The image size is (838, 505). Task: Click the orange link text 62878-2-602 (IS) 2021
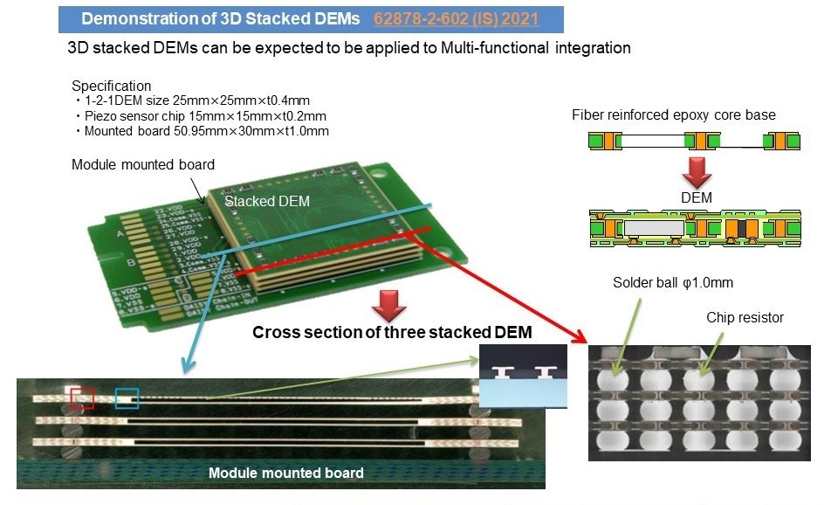(456, 18)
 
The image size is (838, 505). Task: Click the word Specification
(111, 86)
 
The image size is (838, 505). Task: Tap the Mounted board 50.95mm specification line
(203, 131)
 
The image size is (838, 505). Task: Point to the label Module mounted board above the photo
(142, 164)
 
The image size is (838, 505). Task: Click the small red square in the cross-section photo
(82, 398)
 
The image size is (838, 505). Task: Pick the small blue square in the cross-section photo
(127, 398)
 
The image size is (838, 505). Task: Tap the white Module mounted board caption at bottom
(285, 474)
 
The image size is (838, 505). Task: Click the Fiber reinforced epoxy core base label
(673, 115)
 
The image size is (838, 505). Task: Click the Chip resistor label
(745, 317)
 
